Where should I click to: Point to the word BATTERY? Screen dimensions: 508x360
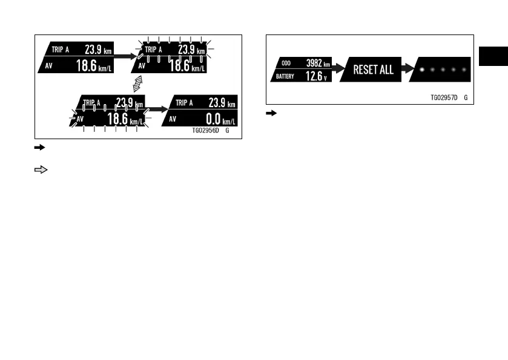point(286,76)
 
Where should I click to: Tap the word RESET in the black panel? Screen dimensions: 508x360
point(365,70)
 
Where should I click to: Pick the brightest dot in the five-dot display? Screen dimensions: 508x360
point(421,69)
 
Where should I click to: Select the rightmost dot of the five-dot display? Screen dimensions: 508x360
point(463,69)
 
